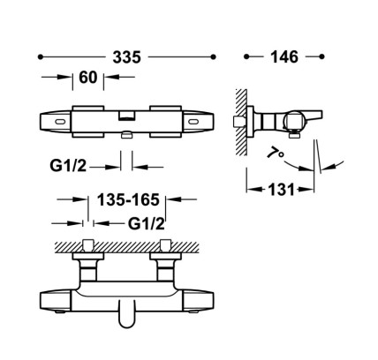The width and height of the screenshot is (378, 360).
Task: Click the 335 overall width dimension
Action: point(127,57)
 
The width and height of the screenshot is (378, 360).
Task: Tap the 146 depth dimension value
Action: point(284,56)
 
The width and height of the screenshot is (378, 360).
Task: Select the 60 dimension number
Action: point(88,78)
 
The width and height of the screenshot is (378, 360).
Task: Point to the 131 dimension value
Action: point(281,190)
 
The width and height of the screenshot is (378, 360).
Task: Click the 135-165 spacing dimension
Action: point(128,199)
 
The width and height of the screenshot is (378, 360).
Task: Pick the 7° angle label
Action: point(276,154)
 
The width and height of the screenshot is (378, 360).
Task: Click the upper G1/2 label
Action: point(68,166)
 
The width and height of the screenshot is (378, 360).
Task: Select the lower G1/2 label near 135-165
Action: point(147,224)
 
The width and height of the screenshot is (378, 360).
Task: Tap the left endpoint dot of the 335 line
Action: point(41,57)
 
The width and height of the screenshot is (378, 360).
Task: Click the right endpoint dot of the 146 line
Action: point(321,56)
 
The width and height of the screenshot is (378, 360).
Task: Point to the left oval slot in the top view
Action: point(60,121)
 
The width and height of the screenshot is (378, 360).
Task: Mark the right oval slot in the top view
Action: point(193,121)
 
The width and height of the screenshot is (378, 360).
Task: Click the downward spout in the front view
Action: point(127,314)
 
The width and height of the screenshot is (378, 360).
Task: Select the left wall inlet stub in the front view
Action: point(88,245)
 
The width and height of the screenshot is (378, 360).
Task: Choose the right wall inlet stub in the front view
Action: point(165,245)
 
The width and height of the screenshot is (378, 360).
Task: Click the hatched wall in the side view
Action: point(241,123)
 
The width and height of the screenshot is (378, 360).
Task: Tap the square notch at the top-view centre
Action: point(126,116)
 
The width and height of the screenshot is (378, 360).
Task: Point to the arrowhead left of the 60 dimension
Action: point(66,77)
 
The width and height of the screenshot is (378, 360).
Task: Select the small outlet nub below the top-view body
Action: point(127,134)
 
